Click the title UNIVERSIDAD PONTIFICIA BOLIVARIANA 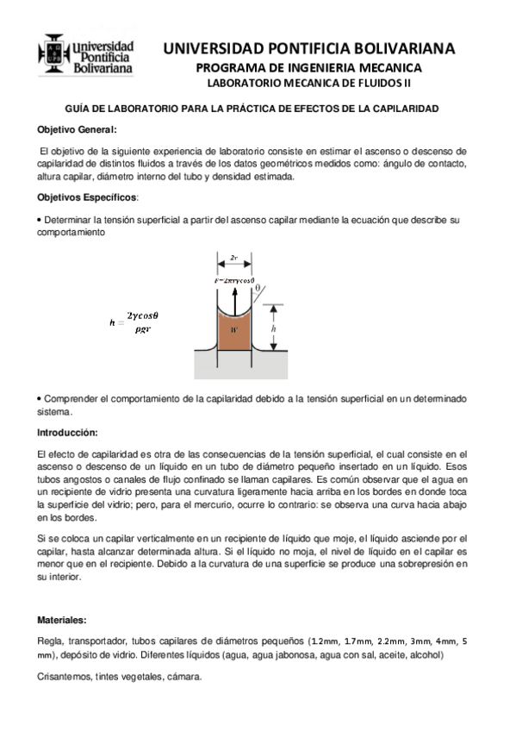[x=308, y=48]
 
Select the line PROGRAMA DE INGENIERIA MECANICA [x=308, y=67]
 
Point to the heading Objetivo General [x=76, y=128]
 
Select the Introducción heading [x=68, y=432]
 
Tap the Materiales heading [x=62, y=620]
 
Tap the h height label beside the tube [x=274, y=328]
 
